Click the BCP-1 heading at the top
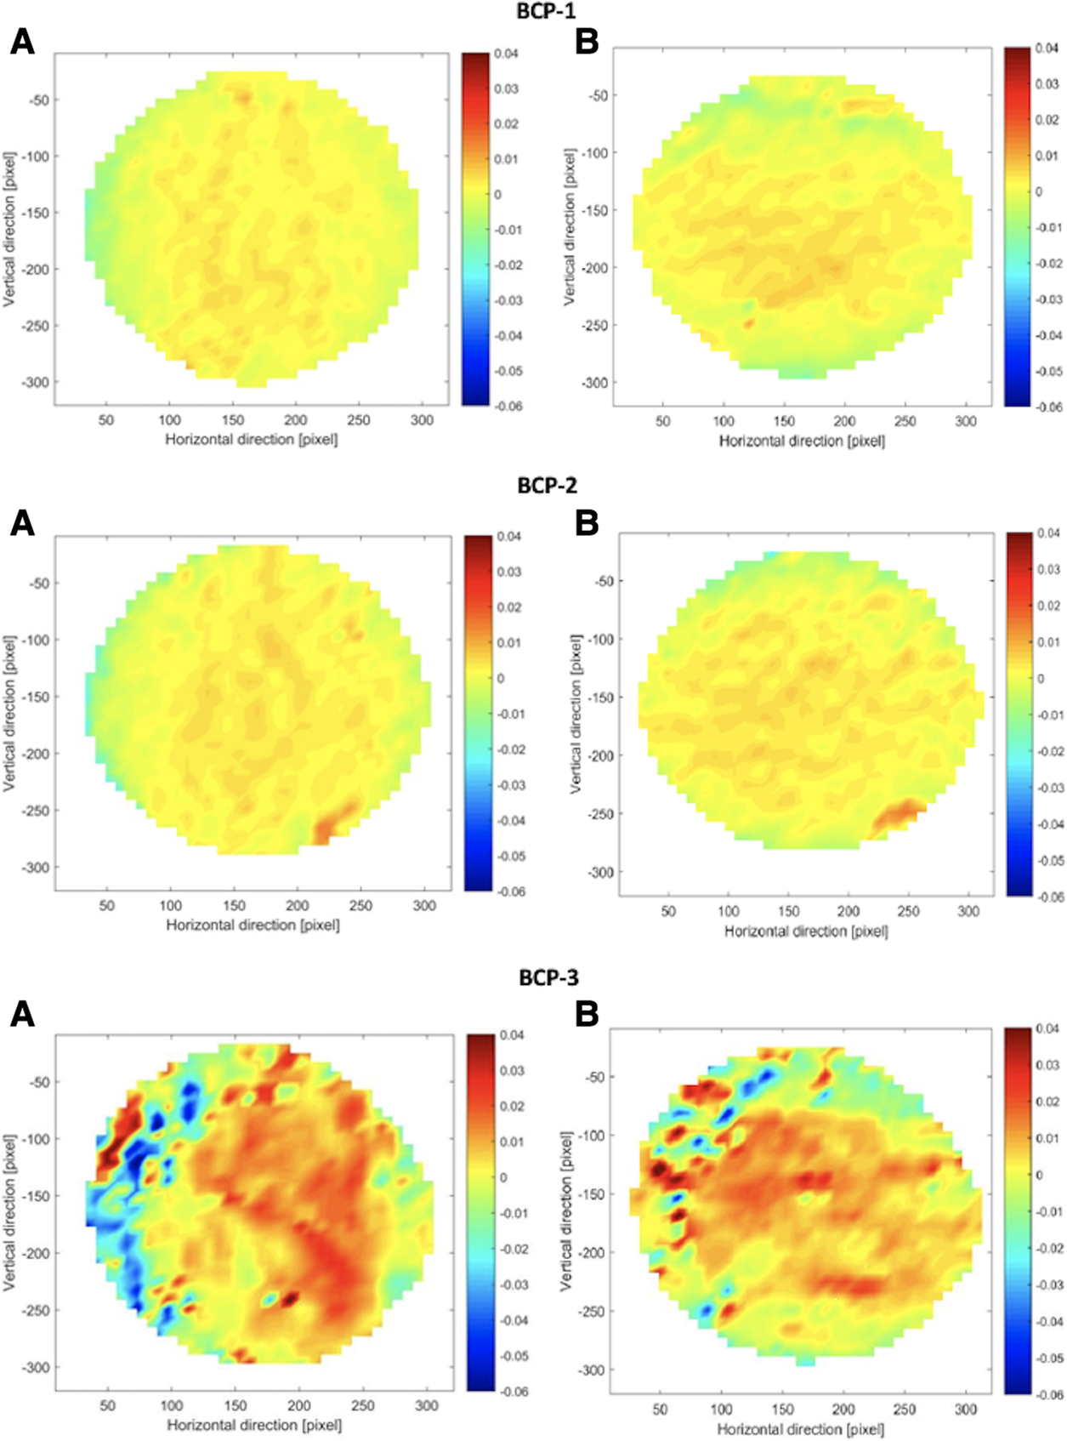[x=546, y=11]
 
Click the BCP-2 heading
[x=547, y=485]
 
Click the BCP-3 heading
[x=548, y=977]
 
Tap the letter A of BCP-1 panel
[x=22, y=42]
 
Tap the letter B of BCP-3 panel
[x=587, y=1014]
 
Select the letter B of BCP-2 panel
[x=587, y=522]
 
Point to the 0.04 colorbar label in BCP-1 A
[x=506, y=54]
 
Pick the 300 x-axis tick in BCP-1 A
[x=422, y=420]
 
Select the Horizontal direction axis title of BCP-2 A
[x=253, y=925]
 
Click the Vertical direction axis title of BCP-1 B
[x=569, y=227]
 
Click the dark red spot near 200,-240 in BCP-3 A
[x=290, y=1298]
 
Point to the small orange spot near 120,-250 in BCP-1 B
[x=749, y=323]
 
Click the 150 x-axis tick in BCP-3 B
[x=782, y=1410]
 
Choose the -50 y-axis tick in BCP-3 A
[x=39, y=1082]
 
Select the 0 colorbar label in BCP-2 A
[x=500, y=679]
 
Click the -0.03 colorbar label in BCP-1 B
[x=1048, y=299]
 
